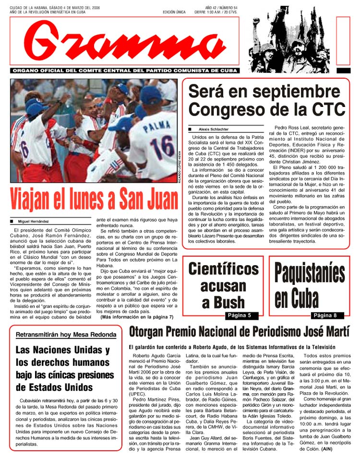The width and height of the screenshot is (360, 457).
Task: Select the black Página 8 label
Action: [328, 315]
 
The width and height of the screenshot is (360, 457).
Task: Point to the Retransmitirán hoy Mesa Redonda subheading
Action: [66, 334]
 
